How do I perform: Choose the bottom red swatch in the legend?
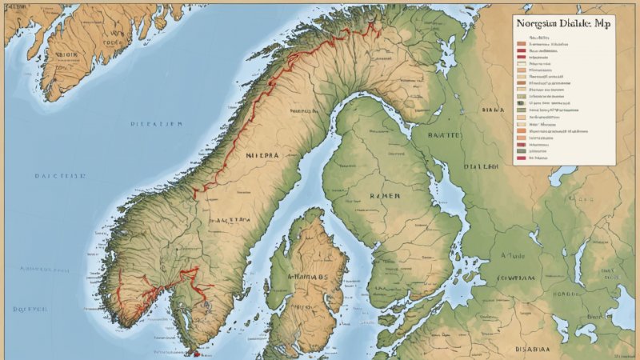[x=521, y=158]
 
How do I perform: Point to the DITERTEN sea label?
[x=157, y=124]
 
